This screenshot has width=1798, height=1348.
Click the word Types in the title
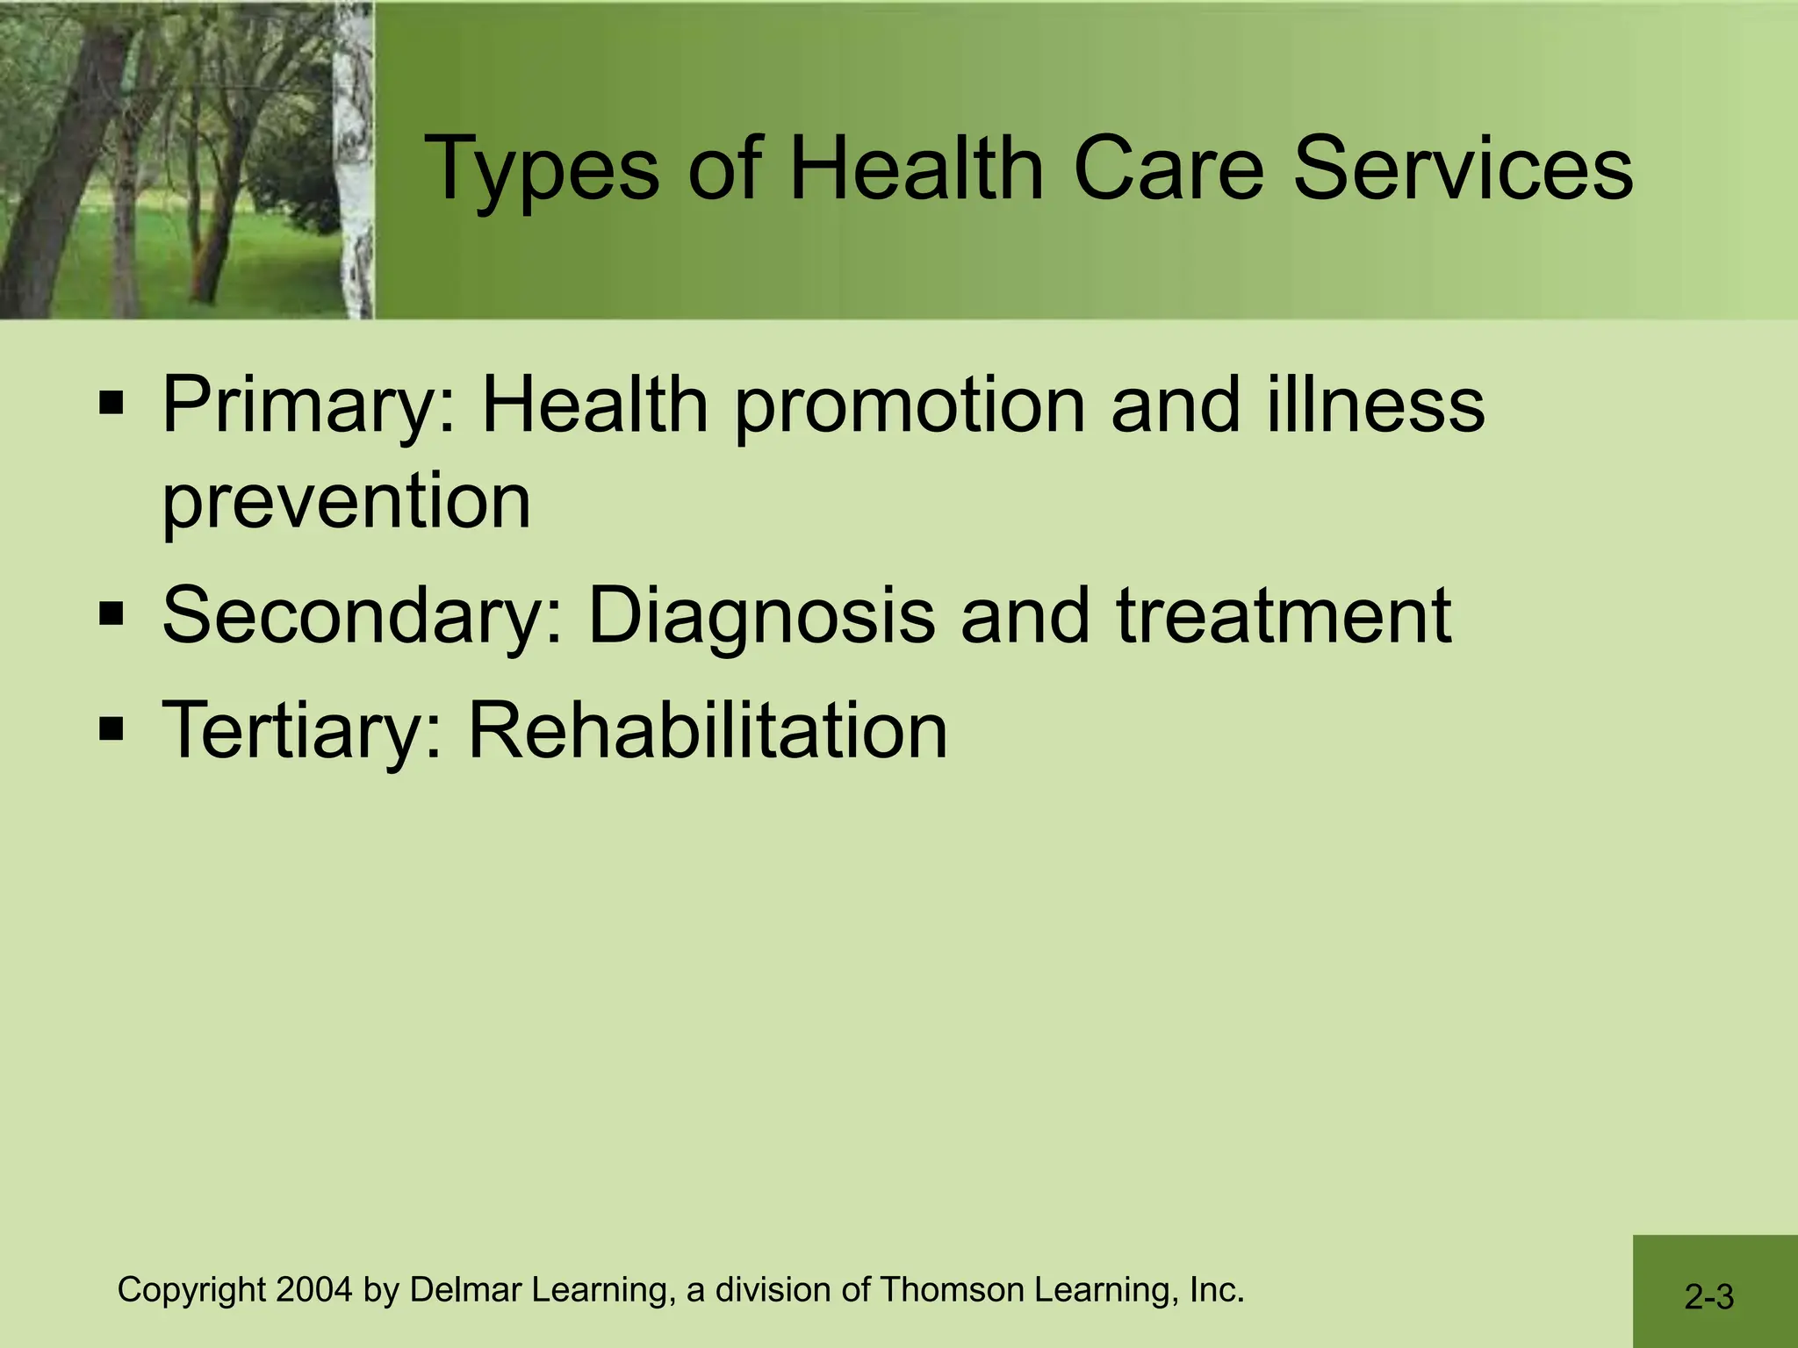541,168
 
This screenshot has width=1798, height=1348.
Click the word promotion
910,407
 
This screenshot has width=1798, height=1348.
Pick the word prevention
347,502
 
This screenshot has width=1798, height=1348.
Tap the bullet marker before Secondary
111,615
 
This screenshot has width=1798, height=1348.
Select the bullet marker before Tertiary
111,729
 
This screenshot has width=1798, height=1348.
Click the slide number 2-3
1708,1296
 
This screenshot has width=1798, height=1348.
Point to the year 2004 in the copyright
314,1290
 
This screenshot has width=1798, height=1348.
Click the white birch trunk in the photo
355,158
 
